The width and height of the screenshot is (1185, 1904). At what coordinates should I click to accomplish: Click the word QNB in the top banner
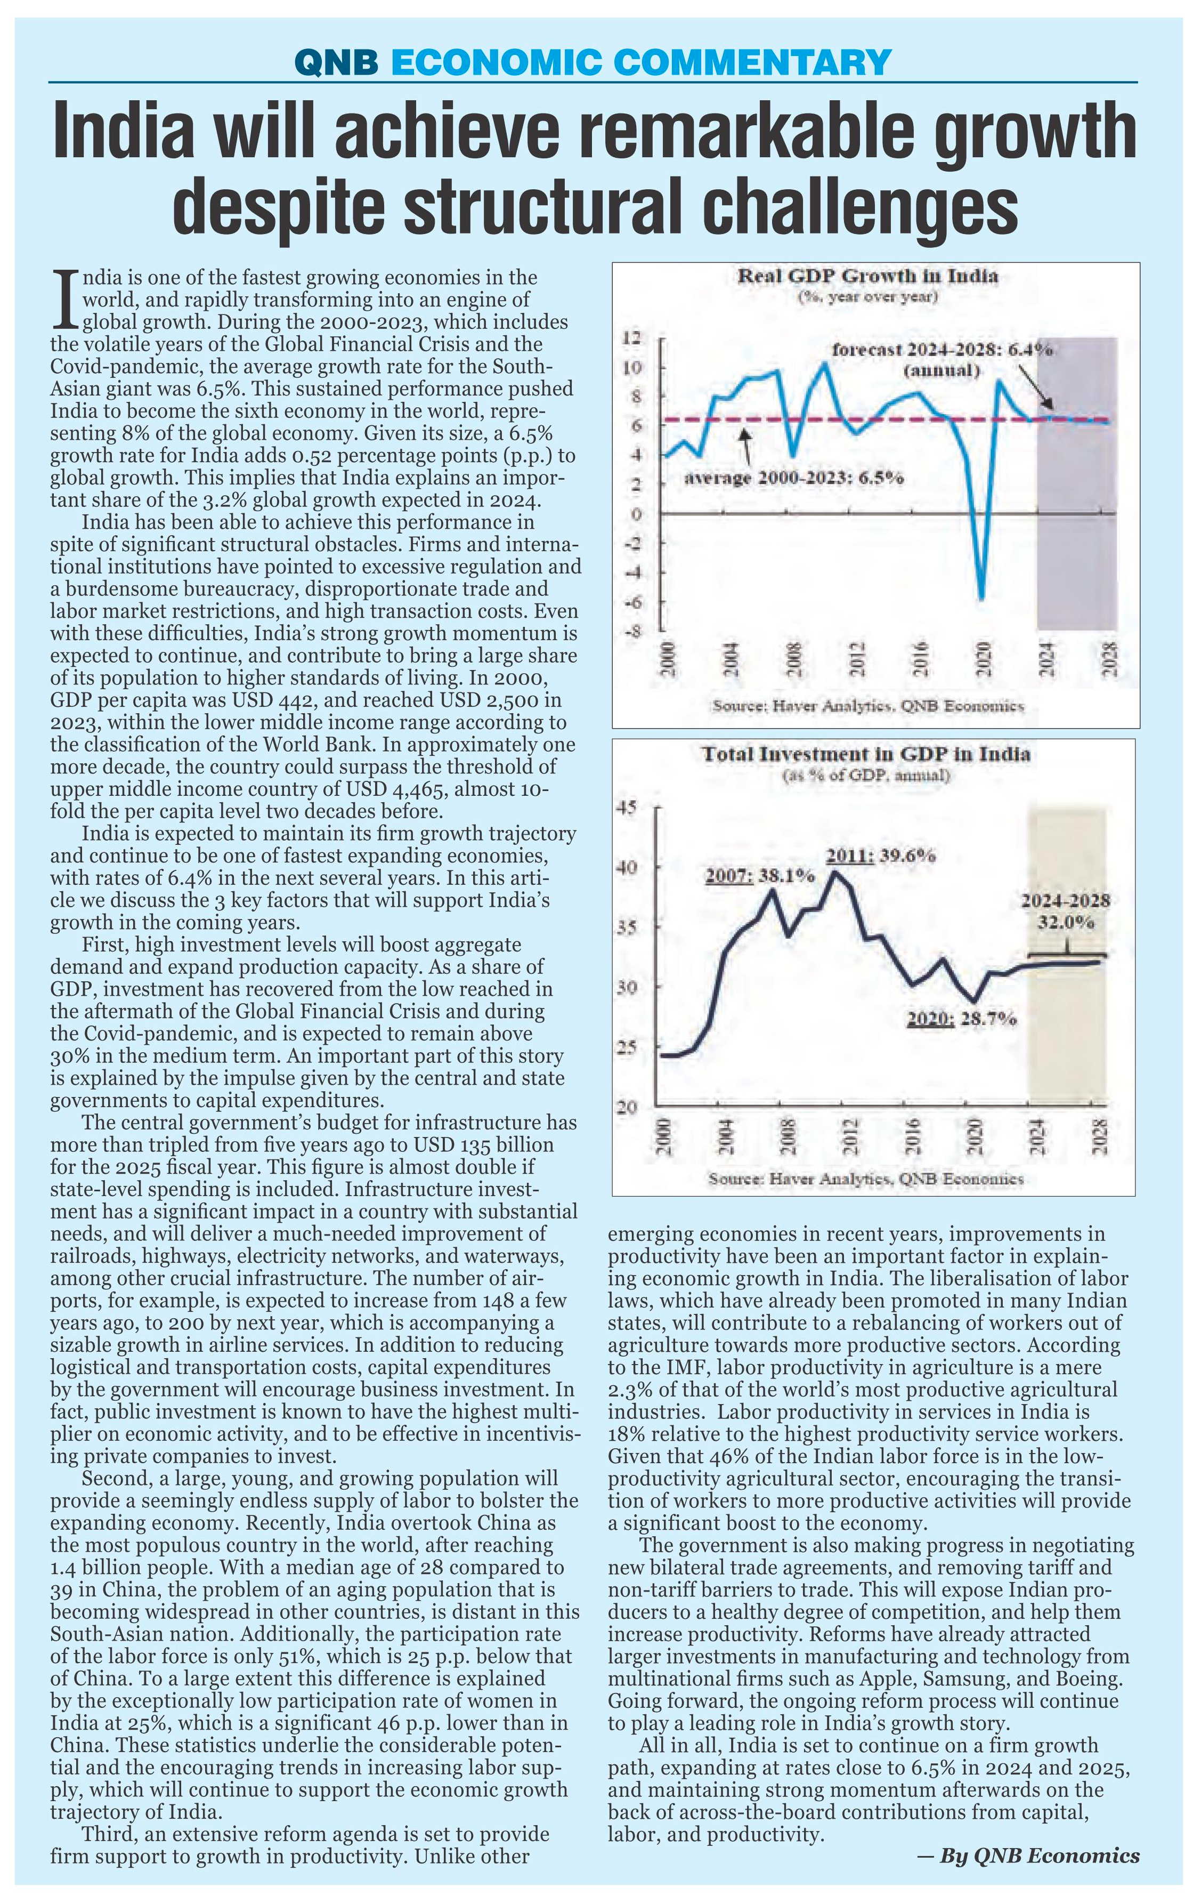click(x=338, y=61)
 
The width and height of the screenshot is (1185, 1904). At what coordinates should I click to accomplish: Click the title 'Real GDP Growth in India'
click(x=867, y=276)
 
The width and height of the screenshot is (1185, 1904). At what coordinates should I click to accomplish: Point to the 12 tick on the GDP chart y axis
click(x=631, y=338)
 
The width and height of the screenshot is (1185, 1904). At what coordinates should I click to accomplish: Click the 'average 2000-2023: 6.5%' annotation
click(x=794, y=478)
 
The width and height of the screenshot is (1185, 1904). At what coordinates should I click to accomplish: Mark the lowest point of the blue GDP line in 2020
click(x=981, y=600)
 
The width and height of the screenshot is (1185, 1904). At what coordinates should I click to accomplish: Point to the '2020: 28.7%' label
click(x=962, y=1019)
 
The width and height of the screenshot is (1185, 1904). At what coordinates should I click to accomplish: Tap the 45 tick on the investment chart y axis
click(x=629, y=806)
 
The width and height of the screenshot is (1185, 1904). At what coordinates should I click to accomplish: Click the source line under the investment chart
click(x=865, y=1178)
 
